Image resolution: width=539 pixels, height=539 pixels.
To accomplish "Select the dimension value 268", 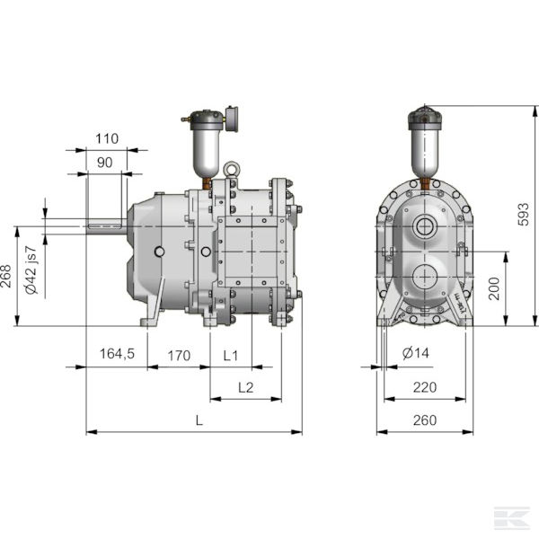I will point(7,274).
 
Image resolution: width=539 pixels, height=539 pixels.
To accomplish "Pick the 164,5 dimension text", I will point(116,355).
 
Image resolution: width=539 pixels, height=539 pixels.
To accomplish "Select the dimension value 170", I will point(179,355).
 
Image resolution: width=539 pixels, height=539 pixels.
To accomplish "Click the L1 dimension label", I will point(230,355).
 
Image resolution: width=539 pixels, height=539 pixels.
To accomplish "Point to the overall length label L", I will point(199,420).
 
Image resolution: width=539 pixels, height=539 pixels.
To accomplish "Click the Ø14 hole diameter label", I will point(416,354).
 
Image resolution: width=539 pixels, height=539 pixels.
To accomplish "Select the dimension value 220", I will point(427,387).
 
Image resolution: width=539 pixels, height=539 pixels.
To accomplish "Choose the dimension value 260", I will point(425,420).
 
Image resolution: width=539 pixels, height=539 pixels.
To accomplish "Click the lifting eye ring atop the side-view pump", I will point(232,168).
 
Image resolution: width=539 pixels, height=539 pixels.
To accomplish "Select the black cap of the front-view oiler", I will point(423,115).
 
